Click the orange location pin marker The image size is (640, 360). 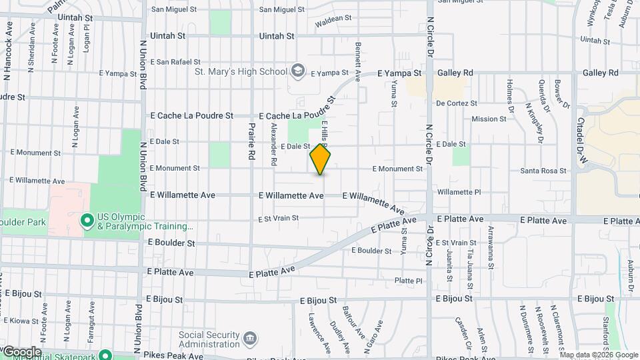point(321,159)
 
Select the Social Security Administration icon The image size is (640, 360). point(249,339)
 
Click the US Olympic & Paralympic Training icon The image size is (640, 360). point(87,220)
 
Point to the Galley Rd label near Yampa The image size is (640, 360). point(455,73)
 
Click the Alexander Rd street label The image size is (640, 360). point(274,143)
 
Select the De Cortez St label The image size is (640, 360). point(457,103)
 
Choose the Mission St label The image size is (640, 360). point(489,119)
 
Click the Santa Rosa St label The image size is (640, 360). point(543,171)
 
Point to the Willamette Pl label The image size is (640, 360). point(459,192)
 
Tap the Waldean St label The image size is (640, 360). point(333,21)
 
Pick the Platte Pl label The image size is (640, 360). point(409,281)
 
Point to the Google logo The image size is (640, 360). point(21,351)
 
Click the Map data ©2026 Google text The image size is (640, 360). point(599,355)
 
